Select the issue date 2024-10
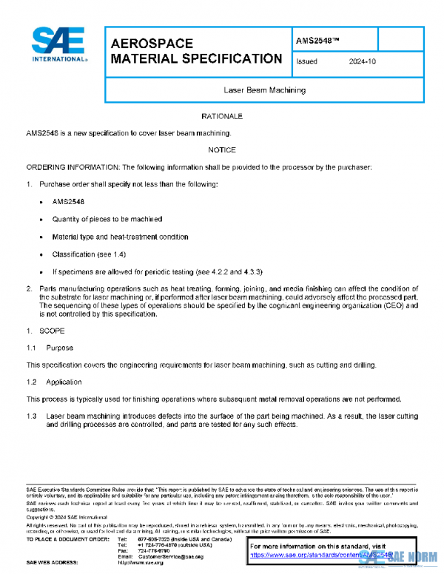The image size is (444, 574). [363, 62]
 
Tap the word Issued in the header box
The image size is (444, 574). [306, 62]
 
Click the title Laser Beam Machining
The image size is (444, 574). [264, 90]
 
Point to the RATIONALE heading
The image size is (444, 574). [222, 117]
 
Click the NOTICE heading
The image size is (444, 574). [222, 150]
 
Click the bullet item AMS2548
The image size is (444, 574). [68, 201]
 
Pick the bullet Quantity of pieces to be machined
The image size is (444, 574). [107, 219]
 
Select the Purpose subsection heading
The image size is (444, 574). [59, 347]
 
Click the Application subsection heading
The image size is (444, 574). [64, 382]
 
